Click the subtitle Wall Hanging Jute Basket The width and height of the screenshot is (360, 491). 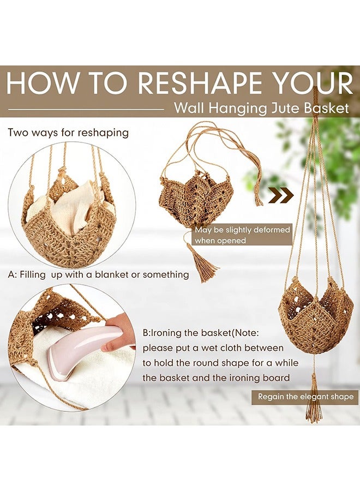tap(261, 108)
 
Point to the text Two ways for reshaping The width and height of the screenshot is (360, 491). tap(68, 133)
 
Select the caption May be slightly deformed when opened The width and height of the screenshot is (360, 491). tap(242, 235)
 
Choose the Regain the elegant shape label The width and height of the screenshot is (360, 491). tap(305, 397)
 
